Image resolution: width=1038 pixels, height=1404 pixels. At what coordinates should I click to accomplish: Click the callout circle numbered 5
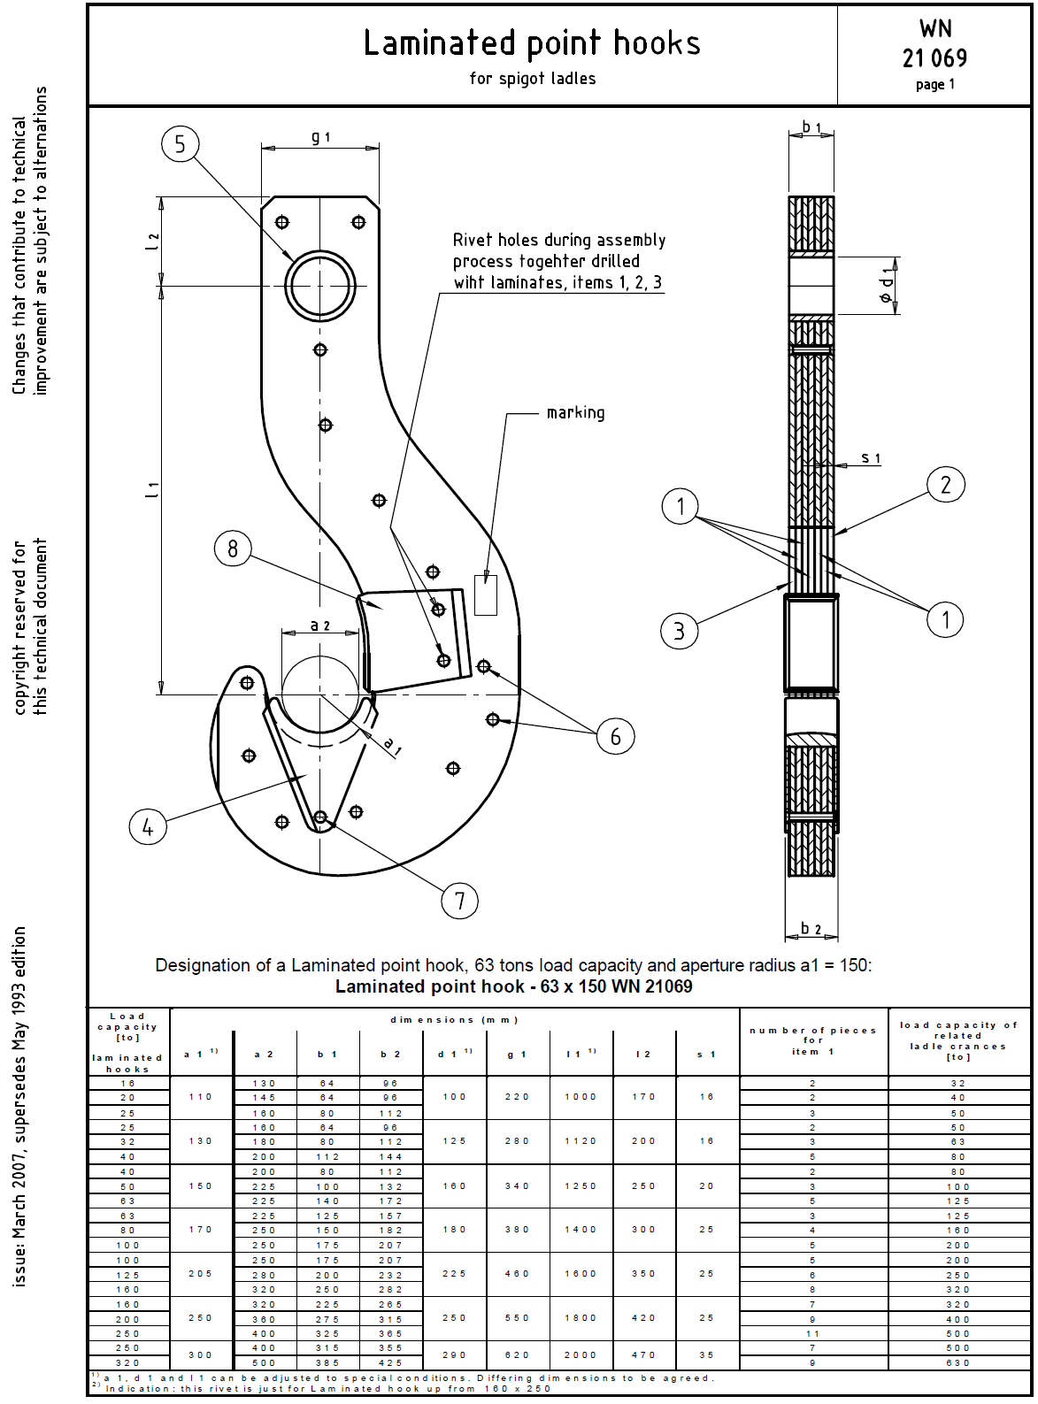(x=180, y=144)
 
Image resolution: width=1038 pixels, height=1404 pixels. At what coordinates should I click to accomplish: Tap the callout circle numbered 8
(x=233, y=549)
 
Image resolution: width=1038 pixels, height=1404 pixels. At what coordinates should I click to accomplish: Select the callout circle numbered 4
(x=148, y=826)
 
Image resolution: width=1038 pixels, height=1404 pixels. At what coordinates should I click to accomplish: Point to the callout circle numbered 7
(x=460, y=900)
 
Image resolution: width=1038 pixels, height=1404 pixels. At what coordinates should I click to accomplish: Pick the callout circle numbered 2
(x=946, y=484)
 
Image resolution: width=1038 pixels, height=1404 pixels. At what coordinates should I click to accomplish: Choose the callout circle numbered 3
(x=679, y=631)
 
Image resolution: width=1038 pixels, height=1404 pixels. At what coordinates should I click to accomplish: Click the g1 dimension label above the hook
(x=320, y=137)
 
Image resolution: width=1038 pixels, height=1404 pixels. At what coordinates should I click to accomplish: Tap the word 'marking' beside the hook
(x=576, y=413)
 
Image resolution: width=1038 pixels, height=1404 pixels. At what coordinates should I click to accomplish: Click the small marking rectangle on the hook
(x=486, y=595)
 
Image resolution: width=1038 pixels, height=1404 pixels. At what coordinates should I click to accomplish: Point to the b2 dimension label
(x=811, y=929)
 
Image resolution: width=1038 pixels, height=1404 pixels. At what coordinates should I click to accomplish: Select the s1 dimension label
(x=871, y=457)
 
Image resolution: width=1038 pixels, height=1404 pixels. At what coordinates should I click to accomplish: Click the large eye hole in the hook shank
(x=319, y=286)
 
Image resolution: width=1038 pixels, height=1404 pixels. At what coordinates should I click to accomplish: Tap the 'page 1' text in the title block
(x=934, y=84)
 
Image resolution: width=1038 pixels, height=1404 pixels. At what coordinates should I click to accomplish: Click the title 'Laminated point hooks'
(x=532, y=43)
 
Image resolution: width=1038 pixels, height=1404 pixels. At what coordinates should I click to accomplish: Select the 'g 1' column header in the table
(x=517, y=1054)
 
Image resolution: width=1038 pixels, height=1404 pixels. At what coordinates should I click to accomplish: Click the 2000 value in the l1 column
(x=581, y=1354)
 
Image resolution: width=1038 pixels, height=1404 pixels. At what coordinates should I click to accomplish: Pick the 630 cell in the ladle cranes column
(x=957, y=1362)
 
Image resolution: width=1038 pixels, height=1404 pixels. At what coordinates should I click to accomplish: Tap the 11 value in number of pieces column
(x=813, y=1333)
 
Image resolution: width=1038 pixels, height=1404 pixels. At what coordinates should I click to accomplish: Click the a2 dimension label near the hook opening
(x=319, y=625)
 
